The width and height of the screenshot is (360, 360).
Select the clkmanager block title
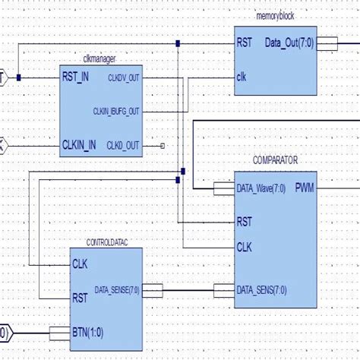click(98, 60)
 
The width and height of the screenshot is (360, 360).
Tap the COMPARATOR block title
click(276, 161)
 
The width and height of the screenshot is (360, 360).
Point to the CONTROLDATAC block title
click(106, 243)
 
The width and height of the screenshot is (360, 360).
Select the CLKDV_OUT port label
click(122, 77)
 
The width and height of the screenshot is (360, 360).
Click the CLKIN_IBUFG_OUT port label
click(116, 111)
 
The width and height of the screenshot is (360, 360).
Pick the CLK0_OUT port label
click(122, 145)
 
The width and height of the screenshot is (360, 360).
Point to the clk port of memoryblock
click(242, 76)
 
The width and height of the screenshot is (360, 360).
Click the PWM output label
click(305, 187)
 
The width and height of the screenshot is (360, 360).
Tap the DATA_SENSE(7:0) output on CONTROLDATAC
click(117, 289)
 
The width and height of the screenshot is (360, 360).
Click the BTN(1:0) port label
click(90, 331)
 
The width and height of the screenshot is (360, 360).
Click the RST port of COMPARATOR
click(245, 221)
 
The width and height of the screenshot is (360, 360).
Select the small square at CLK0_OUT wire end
click(163, 145)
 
